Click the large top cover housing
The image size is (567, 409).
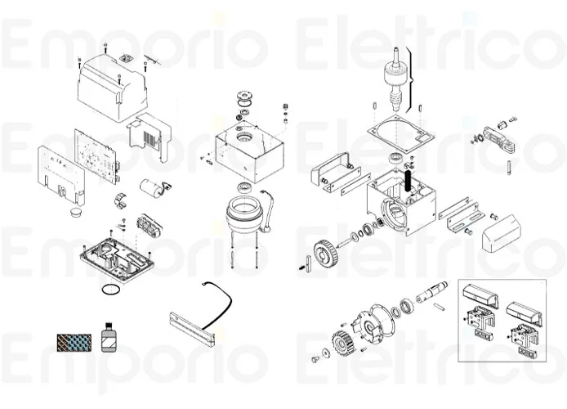pos(113,86)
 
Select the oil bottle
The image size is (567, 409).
pos(106,336)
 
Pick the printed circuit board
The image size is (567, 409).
pos(97,153)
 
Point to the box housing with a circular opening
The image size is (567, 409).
pos(249,152)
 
